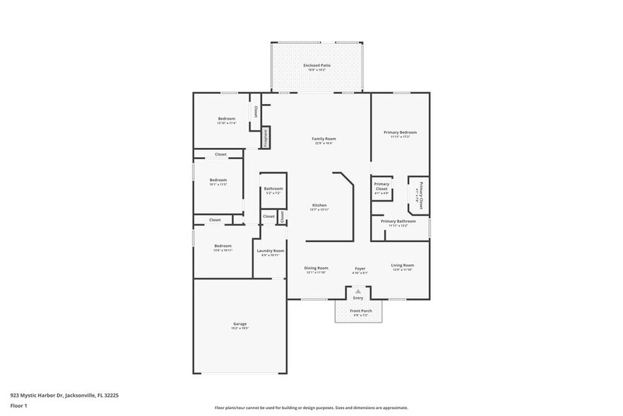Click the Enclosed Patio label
click(x=317, y=65)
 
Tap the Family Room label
click(x=324, y=139)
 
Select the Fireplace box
click(x=266, y=137)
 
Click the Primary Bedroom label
click(x=400, y=132)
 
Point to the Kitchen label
click(x=319, y=205)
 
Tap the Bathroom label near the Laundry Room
click(x=273, y=189)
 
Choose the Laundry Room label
click(x=270, y=250)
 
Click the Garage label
click(x=240, y=324)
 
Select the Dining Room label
click(x=316, y=267)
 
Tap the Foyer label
click(x=360, y=268)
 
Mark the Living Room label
click(x=403, y=265)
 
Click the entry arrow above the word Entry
click(x=358, y=291)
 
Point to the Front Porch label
click(x=360, y=311)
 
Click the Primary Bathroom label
click(x=398, y=221)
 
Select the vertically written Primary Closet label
click(x=420, y=195)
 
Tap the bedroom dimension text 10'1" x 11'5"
click(x=218, y=185)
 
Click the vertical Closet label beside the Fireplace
click(x=256, y=112)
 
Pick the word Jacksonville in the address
click(x=80, y=395)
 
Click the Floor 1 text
click(x=18, y=405)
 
